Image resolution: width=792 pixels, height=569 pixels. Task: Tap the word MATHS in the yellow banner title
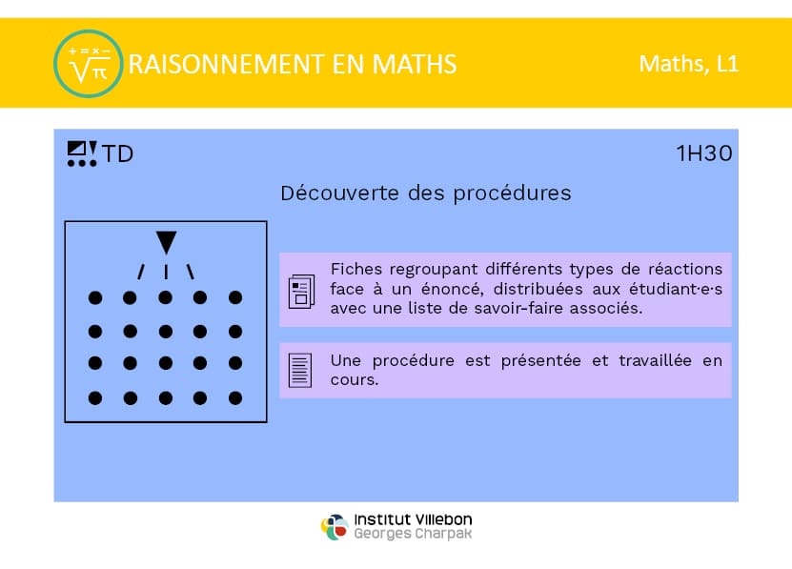pyautogui.click(x=415, y=65)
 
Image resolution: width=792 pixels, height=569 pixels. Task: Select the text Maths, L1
pyautogui.click(x=688, y=64)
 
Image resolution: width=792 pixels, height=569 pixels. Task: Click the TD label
pyautogui.click(x=117, y=153)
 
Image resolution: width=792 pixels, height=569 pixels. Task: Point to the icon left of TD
pyautogui.click(x=82, y=153)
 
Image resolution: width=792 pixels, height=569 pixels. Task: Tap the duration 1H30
pyautogui.click(x=704, y=153)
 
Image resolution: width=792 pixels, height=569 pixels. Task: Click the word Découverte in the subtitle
pyautogui.click(x=339, y=193)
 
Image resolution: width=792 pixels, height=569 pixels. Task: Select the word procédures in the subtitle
pyautogui.click(x=512, y=194)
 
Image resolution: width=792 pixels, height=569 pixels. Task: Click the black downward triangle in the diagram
pyautogui.click(x=166, y=242)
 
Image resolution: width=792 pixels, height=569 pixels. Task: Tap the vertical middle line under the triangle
pyautogui.click(x=166, y=272)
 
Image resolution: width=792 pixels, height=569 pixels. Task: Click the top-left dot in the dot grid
pyautogui.click(x=95, y=297)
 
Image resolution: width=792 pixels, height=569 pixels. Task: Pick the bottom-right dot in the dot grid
pyautogui.click(x=235, y=398)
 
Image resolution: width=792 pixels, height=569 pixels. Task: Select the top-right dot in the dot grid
pyautogui.click(x=235, y=297)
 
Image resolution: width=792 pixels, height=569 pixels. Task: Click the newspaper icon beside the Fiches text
pyautogui.click(x=301, y=291)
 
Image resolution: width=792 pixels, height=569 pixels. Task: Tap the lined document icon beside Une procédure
pyautogui.click(x=300, y=370)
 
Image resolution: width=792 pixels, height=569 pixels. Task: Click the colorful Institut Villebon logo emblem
pyautogui.click(x=335, y=526)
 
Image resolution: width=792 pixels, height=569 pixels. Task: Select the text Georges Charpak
pyautogui.click(x=413, y=534)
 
